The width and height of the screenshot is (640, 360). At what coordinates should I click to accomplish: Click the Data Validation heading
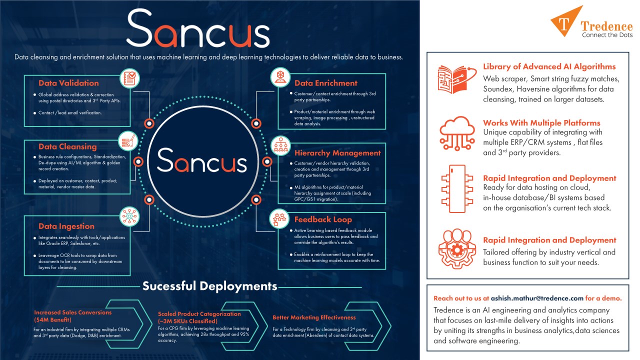tap(68, 83)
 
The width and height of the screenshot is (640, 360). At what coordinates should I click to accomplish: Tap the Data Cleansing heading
tap(67, 147)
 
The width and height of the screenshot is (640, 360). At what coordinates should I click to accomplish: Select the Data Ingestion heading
tap(66, 226)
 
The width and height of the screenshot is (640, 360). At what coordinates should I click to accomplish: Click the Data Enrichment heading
tap(325, 83)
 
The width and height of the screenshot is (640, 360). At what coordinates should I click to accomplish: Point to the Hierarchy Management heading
tap(337, 153)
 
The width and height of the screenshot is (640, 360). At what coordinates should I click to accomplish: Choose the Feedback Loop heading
tap(323, 219)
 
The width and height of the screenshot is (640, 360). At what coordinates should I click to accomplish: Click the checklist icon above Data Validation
tap(129, 78)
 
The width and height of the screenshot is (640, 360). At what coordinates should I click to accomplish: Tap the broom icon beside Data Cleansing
tap(128, 141)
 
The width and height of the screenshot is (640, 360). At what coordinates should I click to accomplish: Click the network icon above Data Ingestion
tap(129, 216)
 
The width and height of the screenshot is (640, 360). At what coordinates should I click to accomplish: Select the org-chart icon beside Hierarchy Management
tap(281, 145)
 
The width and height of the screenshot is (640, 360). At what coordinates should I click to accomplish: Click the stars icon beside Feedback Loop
tap(279, 219)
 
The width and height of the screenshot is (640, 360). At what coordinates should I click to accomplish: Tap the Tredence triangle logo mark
tap(566, 21)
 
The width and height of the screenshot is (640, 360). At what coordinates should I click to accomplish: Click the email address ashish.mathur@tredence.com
tap(537, 298)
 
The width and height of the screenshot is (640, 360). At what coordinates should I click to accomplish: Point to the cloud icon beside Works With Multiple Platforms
tap(457, 133)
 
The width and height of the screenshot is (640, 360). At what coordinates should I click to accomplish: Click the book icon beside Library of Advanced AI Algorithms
tap(457, 79)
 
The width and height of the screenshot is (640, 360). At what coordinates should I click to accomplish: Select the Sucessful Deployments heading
tap(209, 286)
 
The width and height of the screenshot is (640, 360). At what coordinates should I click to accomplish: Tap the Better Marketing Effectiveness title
tap(314, 317)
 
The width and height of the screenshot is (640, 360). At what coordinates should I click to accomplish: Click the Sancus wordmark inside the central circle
tap(202, 160)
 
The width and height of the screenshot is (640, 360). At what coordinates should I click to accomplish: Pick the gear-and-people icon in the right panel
tap(457, 248)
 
